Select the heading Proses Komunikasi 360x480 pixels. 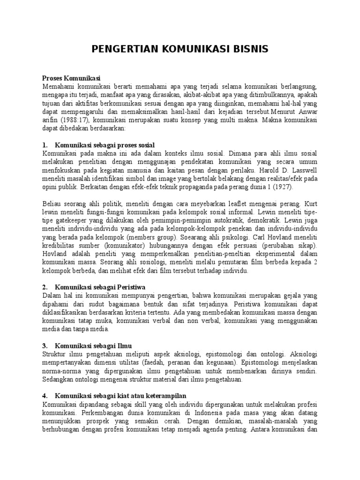[72, 78]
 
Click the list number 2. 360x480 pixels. [45, 287]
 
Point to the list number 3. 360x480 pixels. [45, 345]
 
